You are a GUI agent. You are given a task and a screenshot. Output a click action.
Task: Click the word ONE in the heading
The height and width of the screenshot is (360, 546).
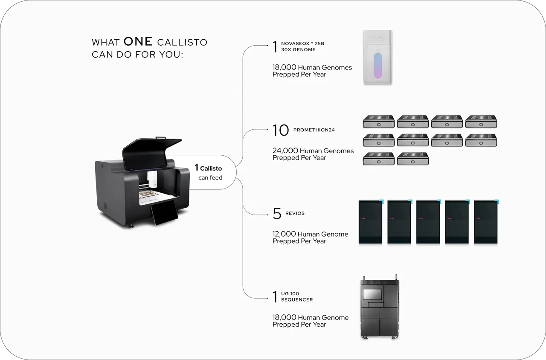138,41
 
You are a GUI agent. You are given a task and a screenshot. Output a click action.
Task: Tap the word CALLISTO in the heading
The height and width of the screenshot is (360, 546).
182,42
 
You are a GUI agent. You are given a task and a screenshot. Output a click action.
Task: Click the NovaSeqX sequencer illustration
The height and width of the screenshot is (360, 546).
378,58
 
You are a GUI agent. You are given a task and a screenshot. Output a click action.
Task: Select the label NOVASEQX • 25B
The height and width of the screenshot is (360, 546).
302,44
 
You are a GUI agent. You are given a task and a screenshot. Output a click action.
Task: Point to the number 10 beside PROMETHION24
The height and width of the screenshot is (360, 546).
281,130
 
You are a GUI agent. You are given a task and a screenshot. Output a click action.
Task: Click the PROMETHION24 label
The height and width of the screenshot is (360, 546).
314,130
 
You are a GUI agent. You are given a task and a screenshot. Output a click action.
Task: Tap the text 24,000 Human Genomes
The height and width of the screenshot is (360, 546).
313,151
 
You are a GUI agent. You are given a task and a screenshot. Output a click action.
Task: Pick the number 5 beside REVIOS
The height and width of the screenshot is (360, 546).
277,214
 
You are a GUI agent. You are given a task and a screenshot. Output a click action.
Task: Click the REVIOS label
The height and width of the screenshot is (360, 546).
295,213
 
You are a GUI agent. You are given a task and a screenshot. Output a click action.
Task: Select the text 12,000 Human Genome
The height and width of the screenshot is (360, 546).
310,234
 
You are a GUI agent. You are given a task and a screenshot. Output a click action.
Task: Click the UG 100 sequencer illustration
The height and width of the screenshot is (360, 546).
380,307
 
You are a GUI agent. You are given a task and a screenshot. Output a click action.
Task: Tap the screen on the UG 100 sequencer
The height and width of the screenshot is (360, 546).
372,294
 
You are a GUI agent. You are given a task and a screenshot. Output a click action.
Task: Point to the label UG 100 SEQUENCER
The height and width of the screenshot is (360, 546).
297,296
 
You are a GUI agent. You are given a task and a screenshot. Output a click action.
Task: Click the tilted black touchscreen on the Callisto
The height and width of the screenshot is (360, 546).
165,212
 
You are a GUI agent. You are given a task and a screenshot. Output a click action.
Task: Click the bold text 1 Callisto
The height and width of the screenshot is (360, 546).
209,168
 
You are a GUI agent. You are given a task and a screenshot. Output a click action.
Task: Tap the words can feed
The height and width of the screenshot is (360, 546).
210,177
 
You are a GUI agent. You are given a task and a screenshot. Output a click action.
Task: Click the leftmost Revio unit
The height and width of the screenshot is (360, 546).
371,222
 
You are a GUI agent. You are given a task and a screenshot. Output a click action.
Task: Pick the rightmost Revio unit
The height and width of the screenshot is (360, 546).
486,222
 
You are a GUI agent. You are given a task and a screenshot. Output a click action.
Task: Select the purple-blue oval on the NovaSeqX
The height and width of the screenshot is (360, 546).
378,66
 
